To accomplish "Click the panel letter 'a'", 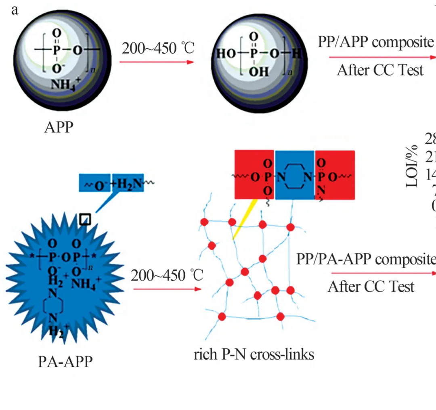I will point(15,10).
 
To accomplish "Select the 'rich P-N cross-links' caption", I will point(254,355).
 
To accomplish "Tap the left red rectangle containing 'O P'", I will point(254,175).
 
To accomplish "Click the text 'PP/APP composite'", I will point(375,42).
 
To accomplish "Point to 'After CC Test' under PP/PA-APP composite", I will point(371,287).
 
